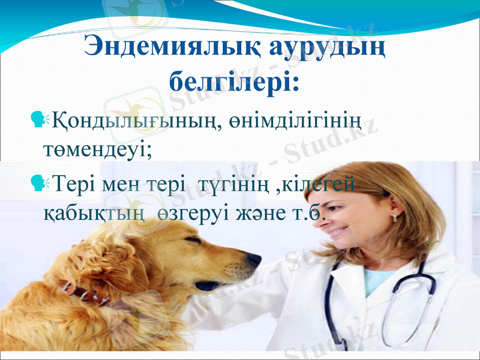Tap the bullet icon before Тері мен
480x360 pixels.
click(41, 181)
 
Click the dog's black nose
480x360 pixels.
click(254, 260)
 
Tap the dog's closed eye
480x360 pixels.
click(193, 241)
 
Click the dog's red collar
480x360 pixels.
click(84, 293)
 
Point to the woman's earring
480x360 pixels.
click(395, 215)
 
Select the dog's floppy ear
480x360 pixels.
click(123, 270)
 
